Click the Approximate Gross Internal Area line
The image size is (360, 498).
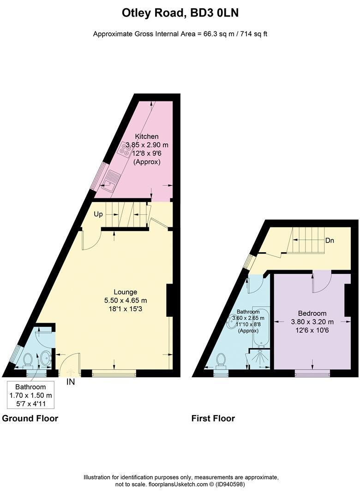(x=180, y=34)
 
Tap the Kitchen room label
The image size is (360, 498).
(x=147, y=136)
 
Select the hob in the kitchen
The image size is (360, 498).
(x=126, y=148)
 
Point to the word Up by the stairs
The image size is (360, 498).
(x=98, y=215)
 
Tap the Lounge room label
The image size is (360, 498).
(x=126, y=292)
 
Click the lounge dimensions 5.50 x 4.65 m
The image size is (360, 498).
(x=126, y=300)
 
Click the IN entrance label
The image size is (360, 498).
(x=70, y=382)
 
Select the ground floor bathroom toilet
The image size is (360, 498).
(x=28, y=360)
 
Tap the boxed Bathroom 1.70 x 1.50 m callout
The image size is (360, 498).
(x=31, y=395)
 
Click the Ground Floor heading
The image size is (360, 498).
(x=30, y=419)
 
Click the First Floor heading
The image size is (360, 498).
(x=213, y=419)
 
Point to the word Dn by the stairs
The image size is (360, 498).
(x=330, y=241)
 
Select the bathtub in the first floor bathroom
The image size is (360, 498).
(x=258, y=328)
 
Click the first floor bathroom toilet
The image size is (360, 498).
(x=221, y=360)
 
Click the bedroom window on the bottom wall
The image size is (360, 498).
(x=312, y=373)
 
